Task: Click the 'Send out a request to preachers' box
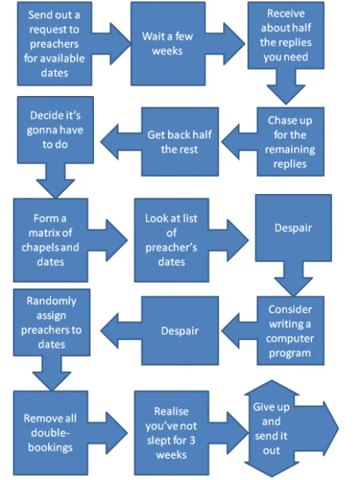[53, 44]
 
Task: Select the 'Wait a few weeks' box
[167, 43]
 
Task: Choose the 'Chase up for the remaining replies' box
[289, 142]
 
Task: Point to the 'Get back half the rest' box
[179, 141]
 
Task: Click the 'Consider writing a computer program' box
[290, 331]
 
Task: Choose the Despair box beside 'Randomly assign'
[179, 331]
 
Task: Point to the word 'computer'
[290, 339]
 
